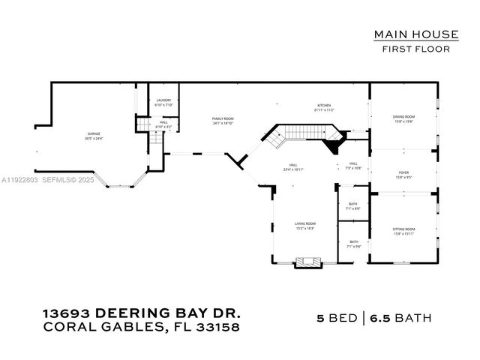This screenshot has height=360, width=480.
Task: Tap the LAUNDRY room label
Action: pyautogui.click(x=163, y=102)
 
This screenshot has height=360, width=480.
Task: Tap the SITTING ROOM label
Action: pyautogui.click(x=403, y=230)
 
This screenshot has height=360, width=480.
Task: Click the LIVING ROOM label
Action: pyautogui.click(x=304, y=225)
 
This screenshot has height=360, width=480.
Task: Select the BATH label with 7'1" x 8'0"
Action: pyautogui.click(x=352, y=205)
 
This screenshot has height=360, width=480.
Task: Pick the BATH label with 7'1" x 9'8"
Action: pyautogui.click(x=352, y=244)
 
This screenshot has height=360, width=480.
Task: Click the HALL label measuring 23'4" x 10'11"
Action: pyautogui.click(x=295, y=168)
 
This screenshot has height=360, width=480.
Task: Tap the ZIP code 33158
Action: pyautogui.click(x=217, y=327)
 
